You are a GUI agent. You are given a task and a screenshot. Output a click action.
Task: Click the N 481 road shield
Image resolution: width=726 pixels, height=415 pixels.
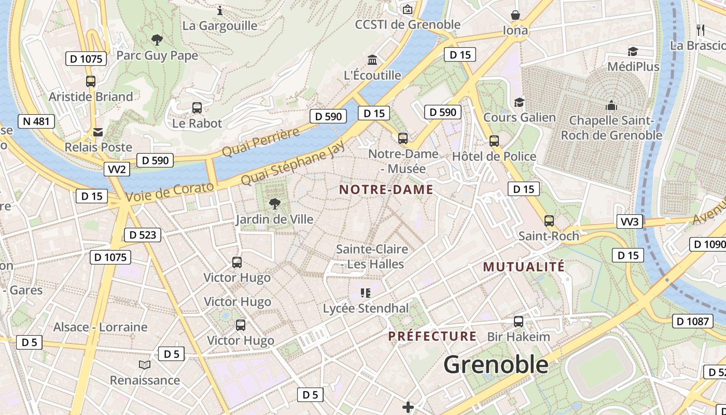(x=36, y=121)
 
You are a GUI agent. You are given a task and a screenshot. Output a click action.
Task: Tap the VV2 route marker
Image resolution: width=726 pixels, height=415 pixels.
(x=117, y=169)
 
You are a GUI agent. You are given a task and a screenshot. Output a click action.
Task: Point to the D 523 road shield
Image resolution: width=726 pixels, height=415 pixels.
(x=143, y=235)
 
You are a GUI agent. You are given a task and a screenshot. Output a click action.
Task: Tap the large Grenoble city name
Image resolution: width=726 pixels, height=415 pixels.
(x=496, y=365)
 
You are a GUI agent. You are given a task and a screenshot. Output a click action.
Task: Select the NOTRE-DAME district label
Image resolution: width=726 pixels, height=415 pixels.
(x=386, y=189)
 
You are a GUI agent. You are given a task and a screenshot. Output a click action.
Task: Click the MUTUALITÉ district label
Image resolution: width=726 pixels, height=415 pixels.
(x=524, y=267)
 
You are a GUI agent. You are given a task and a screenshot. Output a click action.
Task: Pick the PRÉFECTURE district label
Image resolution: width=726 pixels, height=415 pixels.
(x=432, y=336)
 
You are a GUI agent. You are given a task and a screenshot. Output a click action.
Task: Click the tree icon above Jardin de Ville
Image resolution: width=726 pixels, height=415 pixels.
(x=274, y=204)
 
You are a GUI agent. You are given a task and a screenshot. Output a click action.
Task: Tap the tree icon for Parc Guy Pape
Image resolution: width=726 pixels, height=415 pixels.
(x=157, y=39)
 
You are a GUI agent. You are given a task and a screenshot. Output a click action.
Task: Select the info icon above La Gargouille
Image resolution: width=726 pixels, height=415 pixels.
(x=220, y=10)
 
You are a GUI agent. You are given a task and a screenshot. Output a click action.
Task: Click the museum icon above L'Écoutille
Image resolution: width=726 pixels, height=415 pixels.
(x=372, y=60)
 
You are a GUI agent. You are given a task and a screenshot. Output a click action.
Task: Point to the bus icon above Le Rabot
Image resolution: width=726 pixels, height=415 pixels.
(x=197, y=108)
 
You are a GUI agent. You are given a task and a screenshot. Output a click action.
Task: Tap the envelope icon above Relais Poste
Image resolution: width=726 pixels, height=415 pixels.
(x=98, y=132)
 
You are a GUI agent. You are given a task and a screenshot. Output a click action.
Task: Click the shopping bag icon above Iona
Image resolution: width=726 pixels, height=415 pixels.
(x=515, y=15)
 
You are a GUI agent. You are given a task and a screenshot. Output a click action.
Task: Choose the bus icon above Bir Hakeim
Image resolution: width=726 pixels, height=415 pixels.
(x=518, y=322)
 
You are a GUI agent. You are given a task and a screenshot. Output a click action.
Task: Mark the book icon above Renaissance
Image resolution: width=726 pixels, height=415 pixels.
(x=145, y=365)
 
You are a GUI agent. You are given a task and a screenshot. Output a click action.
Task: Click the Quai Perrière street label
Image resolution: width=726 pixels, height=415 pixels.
(x=261, y=141)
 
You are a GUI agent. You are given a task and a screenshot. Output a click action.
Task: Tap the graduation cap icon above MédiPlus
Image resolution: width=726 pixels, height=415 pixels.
(x=633, y=51)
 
